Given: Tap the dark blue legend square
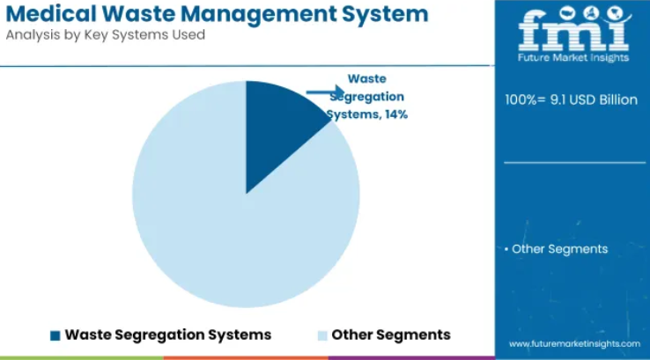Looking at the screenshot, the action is [x=55, y=335].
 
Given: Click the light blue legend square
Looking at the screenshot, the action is [x=322, y=335].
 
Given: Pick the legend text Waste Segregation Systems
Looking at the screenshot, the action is [x=168, y=334].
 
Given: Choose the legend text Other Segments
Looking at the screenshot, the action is [x=391, y=334].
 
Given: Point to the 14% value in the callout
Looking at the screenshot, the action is [x=395, y=114].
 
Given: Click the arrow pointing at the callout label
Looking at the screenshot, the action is [x=325, y=92].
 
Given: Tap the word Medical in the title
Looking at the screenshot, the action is [x=51, y=14].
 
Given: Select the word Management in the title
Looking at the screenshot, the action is [x=259, y=14].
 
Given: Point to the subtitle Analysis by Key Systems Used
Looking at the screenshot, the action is [x=106, y=35].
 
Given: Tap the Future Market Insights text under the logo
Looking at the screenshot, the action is [x=573, y=57].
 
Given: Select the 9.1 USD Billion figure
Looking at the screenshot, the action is [x=594, y=99].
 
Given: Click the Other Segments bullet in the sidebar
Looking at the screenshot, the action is [x=557, y=249].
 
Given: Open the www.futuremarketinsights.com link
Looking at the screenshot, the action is [x=574, y=344].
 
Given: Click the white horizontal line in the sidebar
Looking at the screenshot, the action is [x=575, y=163].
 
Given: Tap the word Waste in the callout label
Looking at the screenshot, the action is [x=367, y=78].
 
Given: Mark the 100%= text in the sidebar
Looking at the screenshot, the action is [x=525, y=99].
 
